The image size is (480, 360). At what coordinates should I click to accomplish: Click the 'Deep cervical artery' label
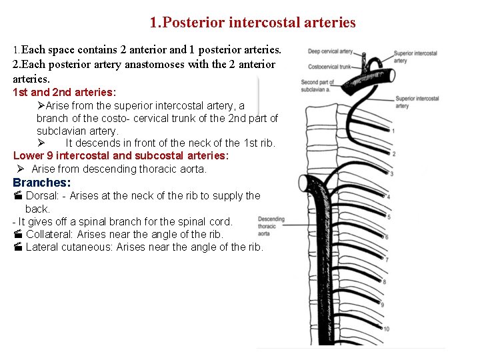tap(330, 51)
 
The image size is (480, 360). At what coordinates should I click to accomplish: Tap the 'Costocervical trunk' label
tap(329, 66)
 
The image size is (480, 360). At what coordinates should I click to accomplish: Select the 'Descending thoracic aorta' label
tap(271, 226)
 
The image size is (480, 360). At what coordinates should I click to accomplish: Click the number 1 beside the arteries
tap(393, 131)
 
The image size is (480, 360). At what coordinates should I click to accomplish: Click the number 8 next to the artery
tap(383, 282)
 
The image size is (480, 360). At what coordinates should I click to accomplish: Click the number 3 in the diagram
tap(391, 173)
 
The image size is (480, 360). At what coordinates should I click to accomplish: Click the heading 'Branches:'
tap(42, 183)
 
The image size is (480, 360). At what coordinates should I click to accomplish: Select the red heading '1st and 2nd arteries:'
tap(65, 92)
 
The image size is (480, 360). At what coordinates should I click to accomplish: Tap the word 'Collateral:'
tap(50, 234)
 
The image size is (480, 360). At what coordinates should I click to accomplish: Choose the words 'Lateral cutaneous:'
tap(69, 247)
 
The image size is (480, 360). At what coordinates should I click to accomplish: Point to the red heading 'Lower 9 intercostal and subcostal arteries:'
tap(121, 155)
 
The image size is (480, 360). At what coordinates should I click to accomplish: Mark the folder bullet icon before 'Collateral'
tap(18, 234)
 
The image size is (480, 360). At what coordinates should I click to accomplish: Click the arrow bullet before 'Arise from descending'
tap(21, 169)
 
